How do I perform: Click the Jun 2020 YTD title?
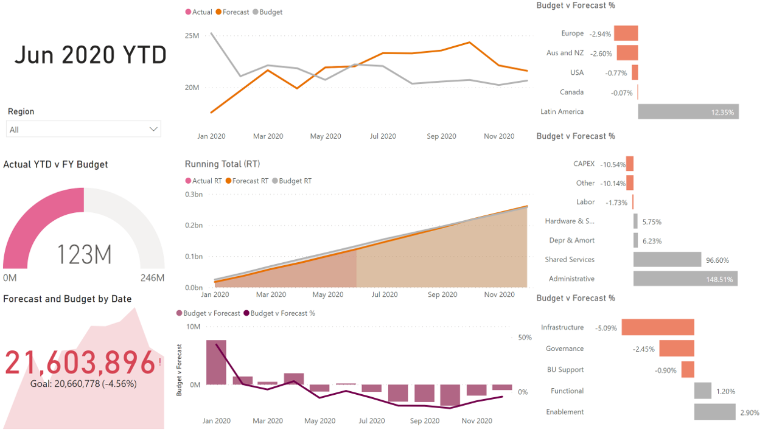[90, 55]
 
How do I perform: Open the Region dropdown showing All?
[83, 129]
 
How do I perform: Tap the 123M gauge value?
[84, 254]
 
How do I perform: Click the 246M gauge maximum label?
[152, 278]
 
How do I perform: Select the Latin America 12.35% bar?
[688, 112]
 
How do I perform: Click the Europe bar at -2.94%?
[626, 33]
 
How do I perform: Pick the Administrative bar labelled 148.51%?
[685, 279]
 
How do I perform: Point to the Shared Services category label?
[569, 260]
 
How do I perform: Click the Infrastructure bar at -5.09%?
[657, 327]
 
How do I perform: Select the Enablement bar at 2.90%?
[714, 412]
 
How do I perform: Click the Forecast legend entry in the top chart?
[236, 12]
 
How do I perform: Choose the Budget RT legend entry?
[292, 181]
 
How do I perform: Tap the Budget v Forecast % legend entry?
[283, 313]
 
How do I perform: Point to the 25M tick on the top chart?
[192, 36]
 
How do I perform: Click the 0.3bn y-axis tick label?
[194, 194]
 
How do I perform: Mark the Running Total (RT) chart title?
[222, 164]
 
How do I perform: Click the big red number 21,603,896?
[80, 363]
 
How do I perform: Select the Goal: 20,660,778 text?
[83, 384]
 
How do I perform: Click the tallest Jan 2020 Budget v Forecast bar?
[216, 362]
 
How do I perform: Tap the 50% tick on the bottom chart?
[525, 337]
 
